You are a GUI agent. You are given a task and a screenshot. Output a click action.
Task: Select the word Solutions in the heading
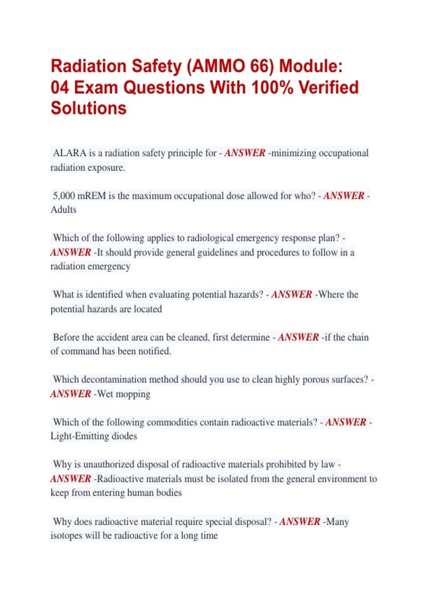click(x=88, y=108)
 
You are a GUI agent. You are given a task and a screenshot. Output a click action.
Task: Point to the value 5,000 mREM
click(x=79, y=196)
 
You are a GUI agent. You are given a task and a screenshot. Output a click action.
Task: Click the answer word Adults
click(x=63, y=210)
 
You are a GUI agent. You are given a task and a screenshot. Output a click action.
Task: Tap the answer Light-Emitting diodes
click(x=94, y=436)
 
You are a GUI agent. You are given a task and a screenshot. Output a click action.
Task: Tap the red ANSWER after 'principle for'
click(x=245, y=153)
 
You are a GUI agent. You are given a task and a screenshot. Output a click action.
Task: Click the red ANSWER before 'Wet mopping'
click(x=71, y=394)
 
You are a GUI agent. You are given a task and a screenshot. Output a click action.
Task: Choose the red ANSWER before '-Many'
click(x=300, y=522)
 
